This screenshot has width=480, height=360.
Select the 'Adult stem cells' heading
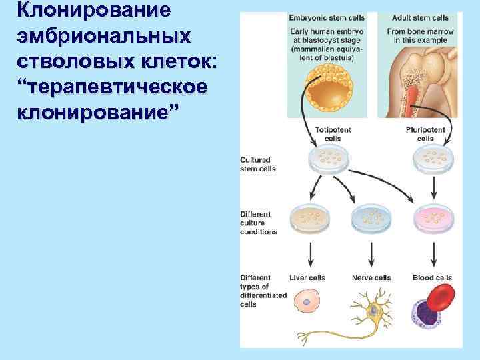click(420, 17)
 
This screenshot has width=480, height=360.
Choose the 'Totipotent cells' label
click(328, 134)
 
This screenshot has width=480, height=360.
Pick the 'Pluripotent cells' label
click(425, 134)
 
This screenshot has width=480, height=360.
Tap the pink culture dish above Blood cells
click(433, 217)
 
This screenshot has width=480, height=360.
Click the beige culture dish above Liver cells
click(311, 217)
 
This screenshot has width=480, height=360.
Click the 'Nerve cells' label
click(371, 278)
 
